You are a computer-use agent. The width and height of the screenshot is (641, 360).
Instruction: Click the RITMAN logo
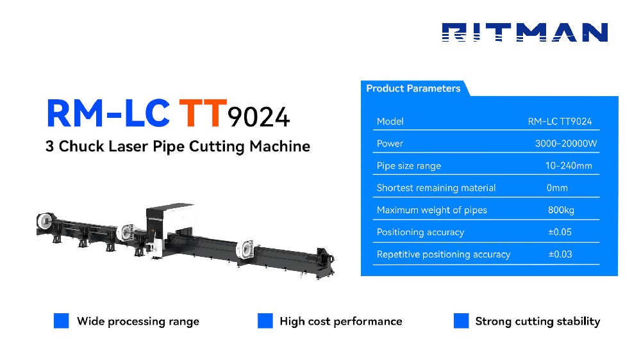point(524,33)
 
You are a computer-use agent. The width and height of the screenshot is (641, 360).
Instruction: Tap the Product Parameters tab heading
point(413,88)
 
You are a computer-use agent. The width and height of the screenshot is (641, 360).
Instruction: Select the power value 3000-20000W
point(566,143)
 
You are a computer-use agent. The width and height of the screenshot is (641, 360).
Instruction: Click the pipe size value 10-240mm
point(569,166)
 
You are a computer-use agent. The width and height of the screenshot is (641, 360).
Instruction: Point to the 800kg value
point(561,210)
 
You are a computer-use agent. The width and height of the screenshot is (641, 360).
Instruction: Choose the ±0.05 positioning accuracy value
point(560,232)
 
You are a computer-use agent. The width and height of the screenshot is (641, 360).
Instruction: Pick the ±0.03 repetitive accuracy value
point(560,254)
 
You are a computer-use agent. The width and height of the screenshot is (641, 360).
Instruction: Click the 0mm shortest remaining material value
point(557,188)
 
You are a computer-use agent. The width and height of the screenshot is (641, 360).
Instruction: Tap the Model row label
point(390,121)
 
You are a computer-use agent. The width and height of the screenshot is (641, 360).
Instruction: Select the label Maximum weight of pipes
point(432,210)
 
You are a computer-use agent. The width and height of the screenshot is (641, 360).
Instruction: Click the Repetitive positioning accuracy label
point(444,254)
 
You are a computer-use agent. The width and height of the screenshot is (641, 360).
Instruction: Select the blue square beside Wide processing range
point(61,321)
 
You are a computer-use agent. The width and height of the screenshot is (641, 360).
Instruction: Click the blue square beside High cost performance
point(265,321)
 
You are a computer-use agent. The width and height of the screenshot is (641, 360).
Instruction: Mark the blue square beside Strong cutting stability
point(461,321)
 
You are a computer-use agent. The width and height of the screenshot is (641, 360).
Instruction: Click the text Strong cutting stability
point(537,321)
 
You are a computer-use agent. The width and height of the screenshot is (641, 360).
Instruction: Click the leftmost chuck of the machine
point(47,222)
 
